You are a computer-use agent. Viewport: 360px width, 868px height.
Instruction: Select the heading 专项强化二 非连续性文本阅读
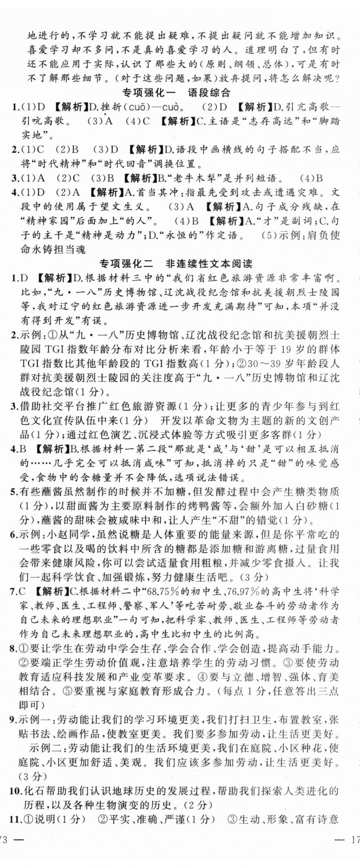tap(176, 264)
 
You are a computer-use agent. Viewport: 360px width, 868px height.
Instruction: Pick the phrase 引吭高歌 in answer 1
tap(43, 121)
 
